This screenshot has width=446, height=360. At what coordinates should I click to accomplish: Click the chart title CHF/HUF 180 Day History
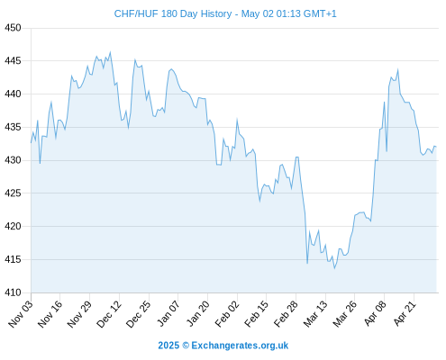(173, 13)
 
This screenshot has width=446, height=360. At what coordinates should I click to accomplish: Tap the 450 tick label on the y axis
(13, 28)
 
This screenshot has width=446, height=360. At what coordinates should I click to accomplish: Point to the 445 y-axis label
(13, 61)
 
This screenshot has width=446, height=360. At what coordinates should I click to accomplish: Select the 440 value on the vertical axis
(13, 94)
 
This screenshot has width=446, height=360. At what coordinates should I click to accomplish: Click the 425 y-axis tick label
(13, 193)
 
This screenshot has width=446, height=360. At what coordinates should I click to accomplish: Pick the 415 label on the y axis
(13, 259)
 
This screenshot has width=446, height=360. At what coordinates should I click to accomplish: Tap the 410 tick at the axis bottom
(13, 292)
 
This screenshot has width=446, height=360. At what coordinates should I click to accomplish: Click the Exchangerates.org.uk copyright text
(223, 346)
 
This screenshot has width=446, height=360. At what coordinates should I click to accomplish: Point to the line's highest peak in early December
(110, 52)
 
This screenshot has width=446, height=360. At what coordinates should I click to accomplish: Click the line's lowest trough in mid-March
(334, 268)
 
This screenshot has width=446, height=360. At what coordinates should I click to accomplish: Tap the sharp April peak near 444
(398, 70)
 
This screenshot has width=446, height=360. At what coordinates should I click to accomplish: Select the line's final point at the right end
(436, 147)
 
